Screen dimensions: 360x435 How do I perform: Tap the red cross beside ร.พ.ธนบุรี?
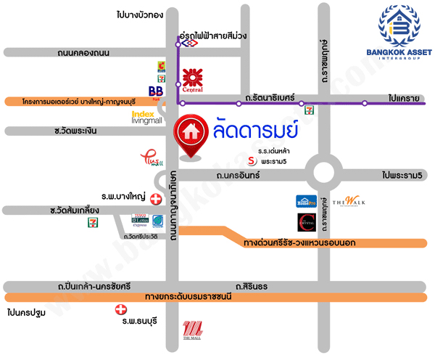pos(120,310)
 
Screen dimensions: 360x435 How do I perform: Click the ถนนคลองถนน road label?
pos(83,53)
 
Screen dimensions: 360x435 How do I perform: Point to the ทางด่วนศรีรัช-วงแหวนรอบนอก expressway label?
pos(299,242)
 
